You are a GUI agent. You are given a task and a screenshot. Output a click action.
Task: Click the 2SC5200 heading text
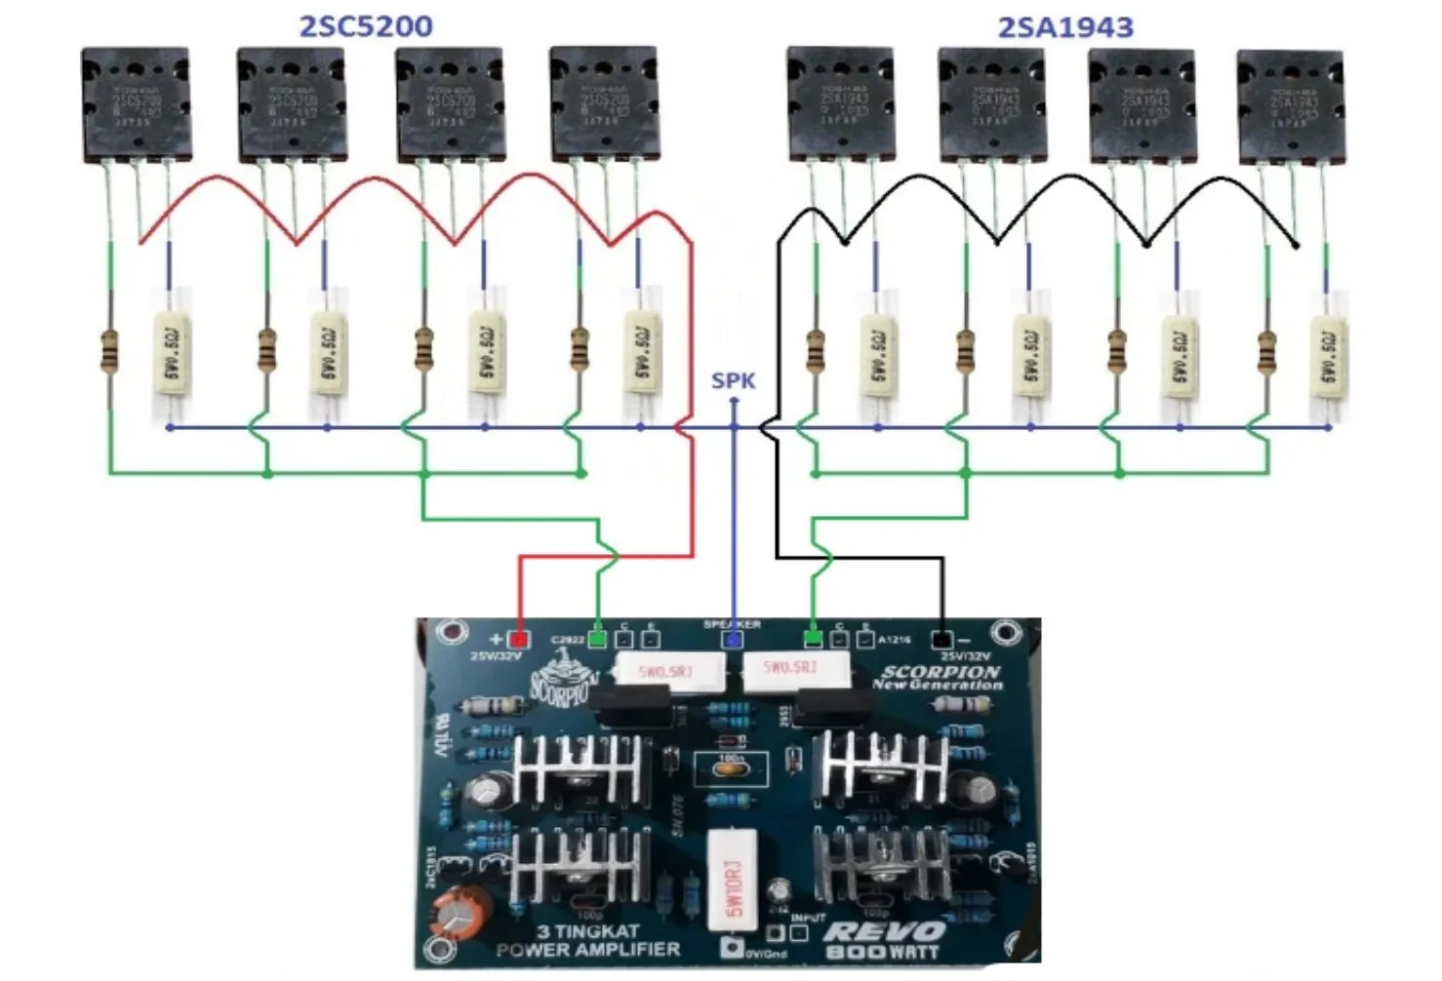[365, 26]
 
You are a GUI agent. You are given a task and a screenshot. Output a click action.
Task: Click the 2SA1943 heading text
[1065, 27]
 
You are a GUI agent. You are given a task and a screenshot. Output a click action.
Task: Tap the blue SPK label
[733, 380]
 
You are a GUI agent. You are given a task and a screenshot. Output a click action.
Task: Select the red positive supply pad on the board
[519, 640]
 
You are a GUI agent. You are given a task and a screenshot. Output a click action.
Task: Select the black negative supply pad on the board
[941, 640]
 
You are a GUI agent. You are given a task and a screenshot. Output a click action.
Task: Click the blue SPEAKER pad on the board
[732, 640]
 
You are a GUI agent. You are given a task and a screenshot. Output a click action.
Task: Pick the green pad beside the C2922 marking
[597, 640]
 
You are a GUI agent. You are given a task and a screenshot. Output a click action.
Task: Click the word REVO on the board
[884, 933]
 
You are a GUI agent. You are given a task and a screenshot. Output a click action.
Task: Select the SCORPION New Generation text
[939, 677]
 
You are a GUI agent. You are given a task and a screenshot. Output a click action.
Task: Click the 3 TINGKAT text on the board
[587, 931]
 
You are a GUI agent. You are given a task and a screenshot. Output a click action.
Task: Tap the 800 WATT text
[882, 953]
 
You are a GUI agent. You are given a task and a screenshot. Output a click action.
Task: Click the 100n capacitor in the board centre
[731, 766]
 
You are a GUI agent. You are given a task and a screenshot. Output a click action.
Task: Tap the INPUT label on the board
[808, 918]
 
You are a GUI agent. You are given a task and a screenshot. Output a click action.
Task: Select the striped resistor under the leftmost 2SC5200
[109, 351]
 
